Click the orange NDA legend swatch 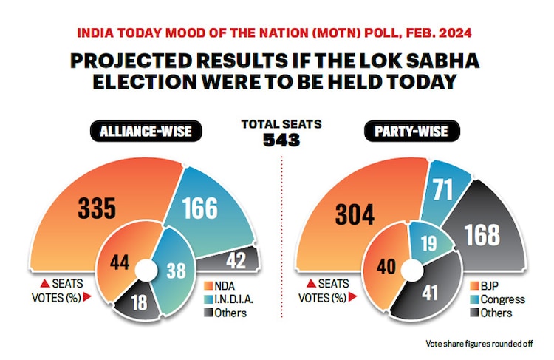pos(210,286)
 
